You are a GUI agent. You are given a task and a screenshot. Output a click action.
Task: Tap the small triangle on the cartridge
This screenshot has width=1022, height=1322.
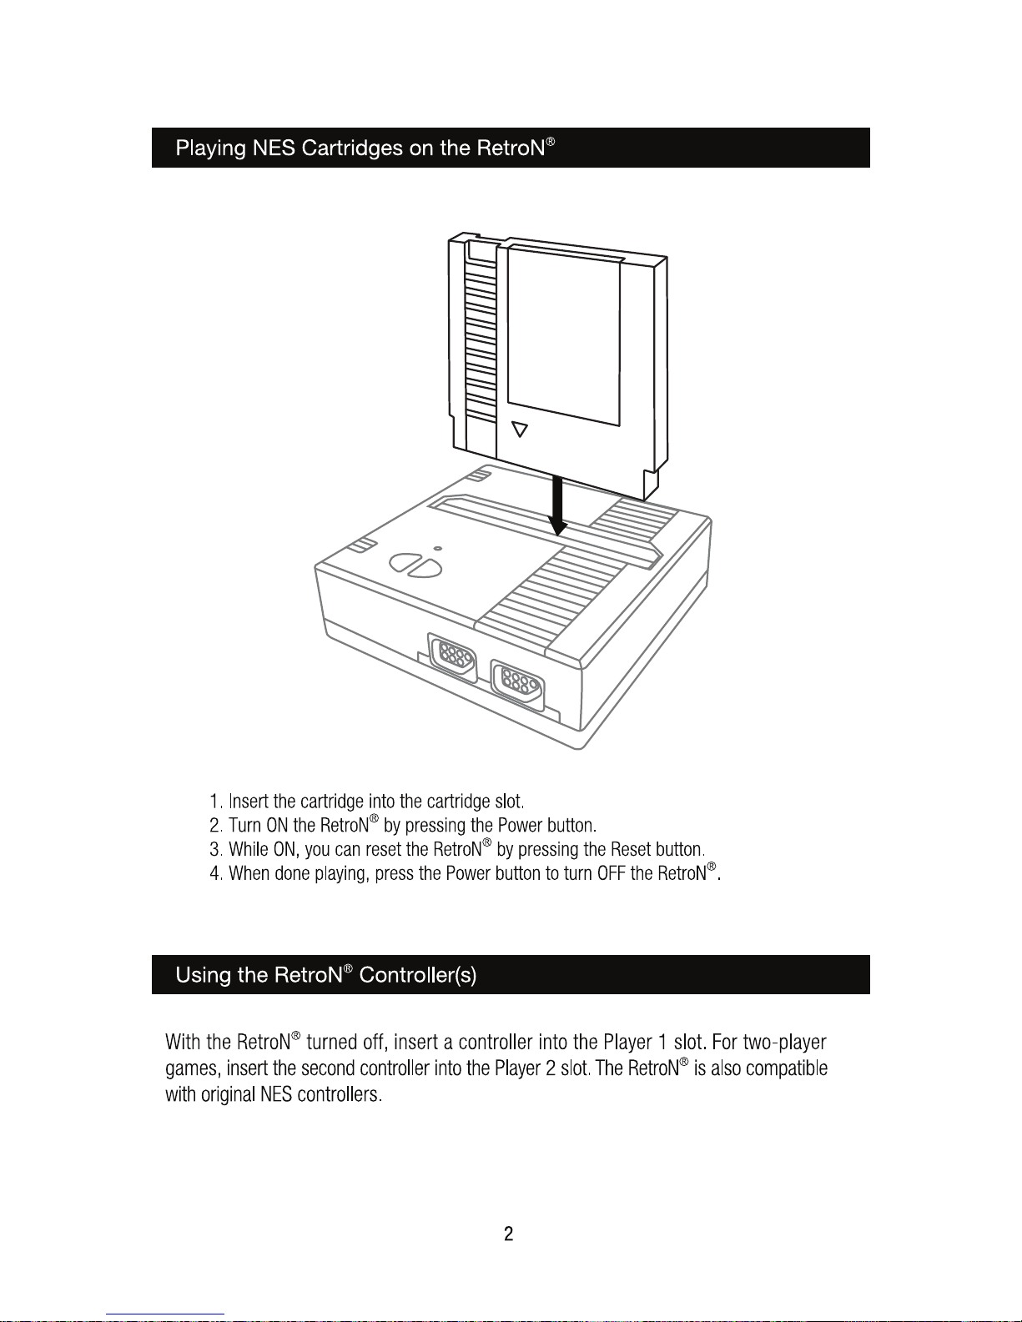520,430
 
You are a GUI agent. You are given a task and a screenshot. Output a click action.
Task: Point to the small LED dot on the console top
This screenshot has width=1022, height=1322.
437,548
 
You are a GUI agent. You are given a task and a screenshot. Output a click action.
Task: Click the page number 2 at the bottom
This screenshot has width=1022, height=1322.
509,1234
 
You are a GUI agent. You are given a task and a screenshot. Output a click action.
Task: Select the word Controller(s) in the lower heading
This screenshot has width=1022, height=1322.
418,975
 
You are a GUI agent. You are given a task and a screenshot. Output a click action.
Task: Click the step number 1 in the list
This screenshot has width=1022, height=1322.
215,802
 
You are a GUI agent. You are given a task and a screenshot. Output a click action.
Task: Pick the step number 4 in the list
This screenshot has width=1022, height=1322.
215,874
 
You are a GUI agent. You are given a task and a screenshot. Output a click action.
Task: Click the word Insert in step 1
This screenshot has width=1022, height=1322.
249,802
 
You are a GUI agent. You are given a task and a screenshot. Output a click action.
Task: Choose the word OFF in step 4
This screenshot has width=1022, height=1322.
612,874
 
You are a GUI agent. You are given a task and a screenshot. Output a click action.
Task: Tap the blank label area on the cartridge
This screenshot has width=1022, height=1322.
564,334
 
